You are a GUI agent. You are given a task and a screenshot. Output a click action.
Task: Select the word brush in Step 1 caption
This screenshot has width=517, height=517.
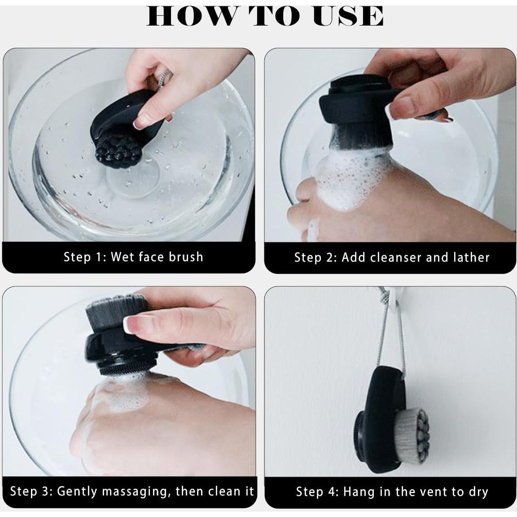(186, 257)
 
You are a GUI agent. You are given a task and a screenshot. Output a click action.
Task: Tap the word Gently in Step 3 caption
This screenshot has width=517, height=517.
(77, 491)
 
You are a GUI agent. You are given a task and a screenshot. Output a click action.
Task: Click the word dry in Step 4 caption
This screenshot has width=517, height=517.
(478, 493)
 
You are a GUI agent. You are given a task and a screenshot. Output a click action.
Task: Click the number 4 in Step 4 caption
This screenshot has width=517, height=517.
(334, 492)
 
